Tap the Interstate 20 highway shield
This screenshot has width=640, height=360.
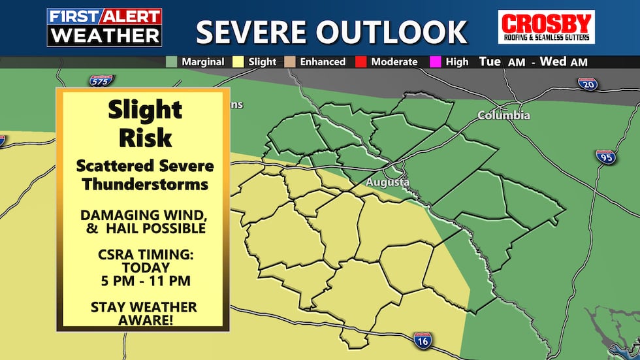(586, 83)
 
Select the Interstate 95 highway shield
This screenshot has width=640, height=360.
(605, 156)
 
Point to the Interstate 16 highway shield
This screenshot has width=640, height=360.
(423, 339)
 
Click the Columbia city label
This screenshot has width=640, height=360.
(504, 116)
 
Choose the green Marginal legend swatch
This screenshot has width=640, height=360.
(171, 62)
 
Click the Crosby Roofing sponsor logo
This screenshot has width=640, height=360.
(546, 27)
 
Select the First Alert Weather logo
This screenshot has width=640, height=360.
(104, 27)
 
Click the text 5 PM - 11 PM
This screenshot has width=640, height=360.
(146, 282)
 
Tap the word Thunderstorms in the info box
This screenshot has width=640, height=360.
(146, 184)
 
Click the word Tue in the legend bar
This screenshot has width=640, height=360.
(490, 62)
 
